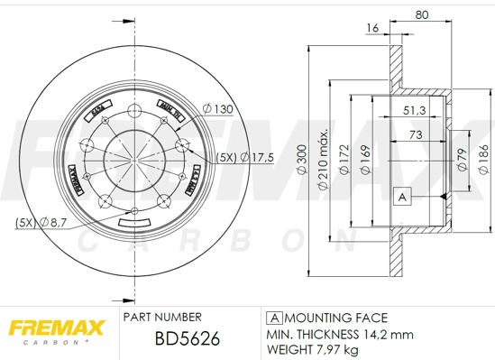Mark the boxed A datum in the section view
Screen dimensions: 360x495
click(x=402, y=195)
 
